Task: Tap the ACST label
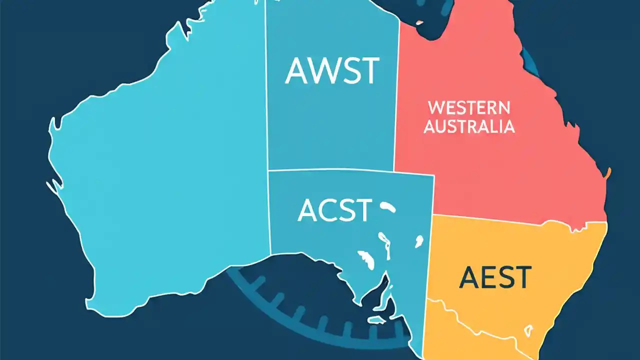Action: [x=335, y=210]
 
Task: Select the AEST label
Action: [x=495, y=277]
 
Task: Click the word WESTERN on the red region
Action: [x=469, y=107]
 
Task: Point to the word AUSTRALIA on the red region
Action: [x=469, y=126]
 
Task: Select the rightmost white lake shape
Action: [x=418, y=242]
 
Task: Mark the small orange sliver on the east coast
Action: [x=608, y=173]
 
